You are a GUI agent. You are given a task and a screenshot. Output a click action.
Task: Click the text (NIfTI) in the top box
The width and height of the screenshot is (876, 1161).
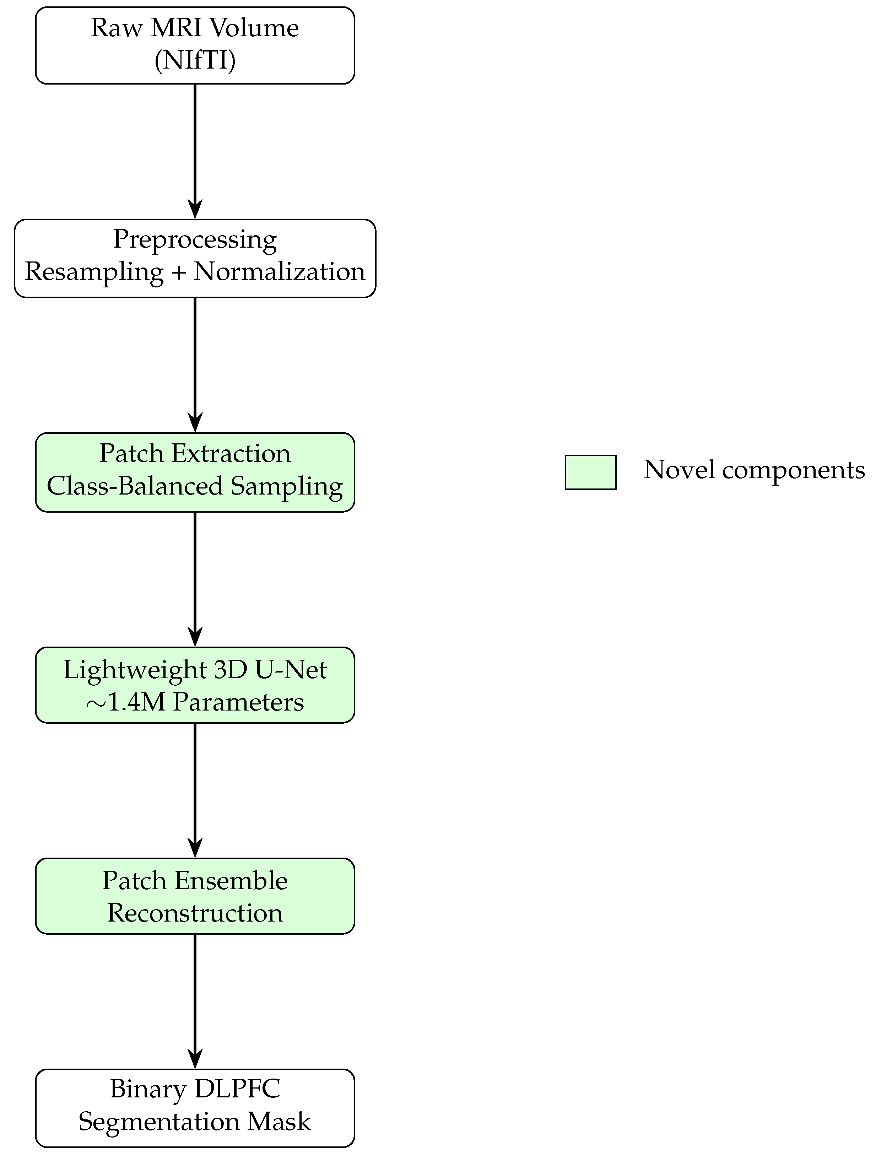[x=195, y=60]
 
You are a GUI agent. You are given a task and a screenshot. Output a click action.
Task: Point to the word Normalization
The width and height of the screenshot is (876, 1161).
[x=279, y=272]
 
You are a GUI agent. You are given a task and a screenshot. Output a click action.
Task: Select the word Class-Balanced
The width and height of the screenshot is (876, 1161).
[x=135, y=486]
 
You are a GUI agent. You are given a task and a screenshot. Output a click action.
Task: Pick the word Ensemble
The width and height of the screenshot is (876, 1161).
[x=231, y=881]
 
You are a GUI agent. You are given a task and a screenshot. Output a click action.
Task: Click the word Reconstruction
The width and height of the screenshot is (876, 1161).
[x=195, y=913]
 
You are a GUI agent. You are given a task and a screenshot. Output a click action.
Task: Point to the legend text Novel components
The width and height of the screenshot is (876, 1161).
[x=754, y=470]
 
